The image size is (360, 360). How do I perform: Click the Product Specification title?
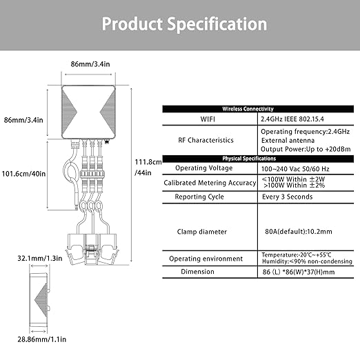(184, 24)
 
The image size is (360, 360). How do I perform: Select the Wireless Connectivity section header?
(248, 109)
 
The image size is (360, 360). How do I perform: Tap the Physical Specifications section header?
(249, 159)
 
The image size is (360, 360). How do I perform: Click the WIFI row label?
(208, 119)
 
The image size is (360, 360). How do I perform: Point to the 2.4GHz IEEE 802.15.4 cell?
(292, 119)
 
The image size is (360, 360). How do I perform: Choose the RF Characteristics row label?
(206, 140)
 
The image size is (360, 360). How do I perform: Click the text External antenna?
(288, 141)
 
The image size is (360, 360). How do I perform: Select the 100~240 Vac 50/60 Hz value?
(295, 169)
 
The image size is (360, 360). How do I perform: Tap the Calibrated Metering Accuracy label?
(210, 183)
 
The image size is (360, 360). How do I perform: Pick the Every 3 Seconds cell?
(288, 197)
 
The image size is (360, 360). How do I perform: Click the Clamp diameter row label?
(202, 232)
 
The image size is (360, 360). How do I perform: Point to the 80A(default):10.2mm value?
(299, 232)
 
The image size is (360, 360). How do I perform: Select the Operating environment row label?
(206, 259)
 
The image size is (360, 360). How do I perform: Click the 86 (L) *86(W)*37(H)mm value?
(299, 272)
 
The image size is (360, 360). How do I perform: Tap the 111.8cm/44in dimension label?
(148, 167)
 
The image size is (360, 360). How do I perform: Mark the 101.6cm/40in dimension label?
(23, 174)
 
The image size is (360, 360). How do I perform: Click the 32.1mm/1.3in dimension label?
(40, 259)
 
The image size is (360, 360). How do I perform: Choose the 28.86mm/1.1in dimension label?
(42, 339)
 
